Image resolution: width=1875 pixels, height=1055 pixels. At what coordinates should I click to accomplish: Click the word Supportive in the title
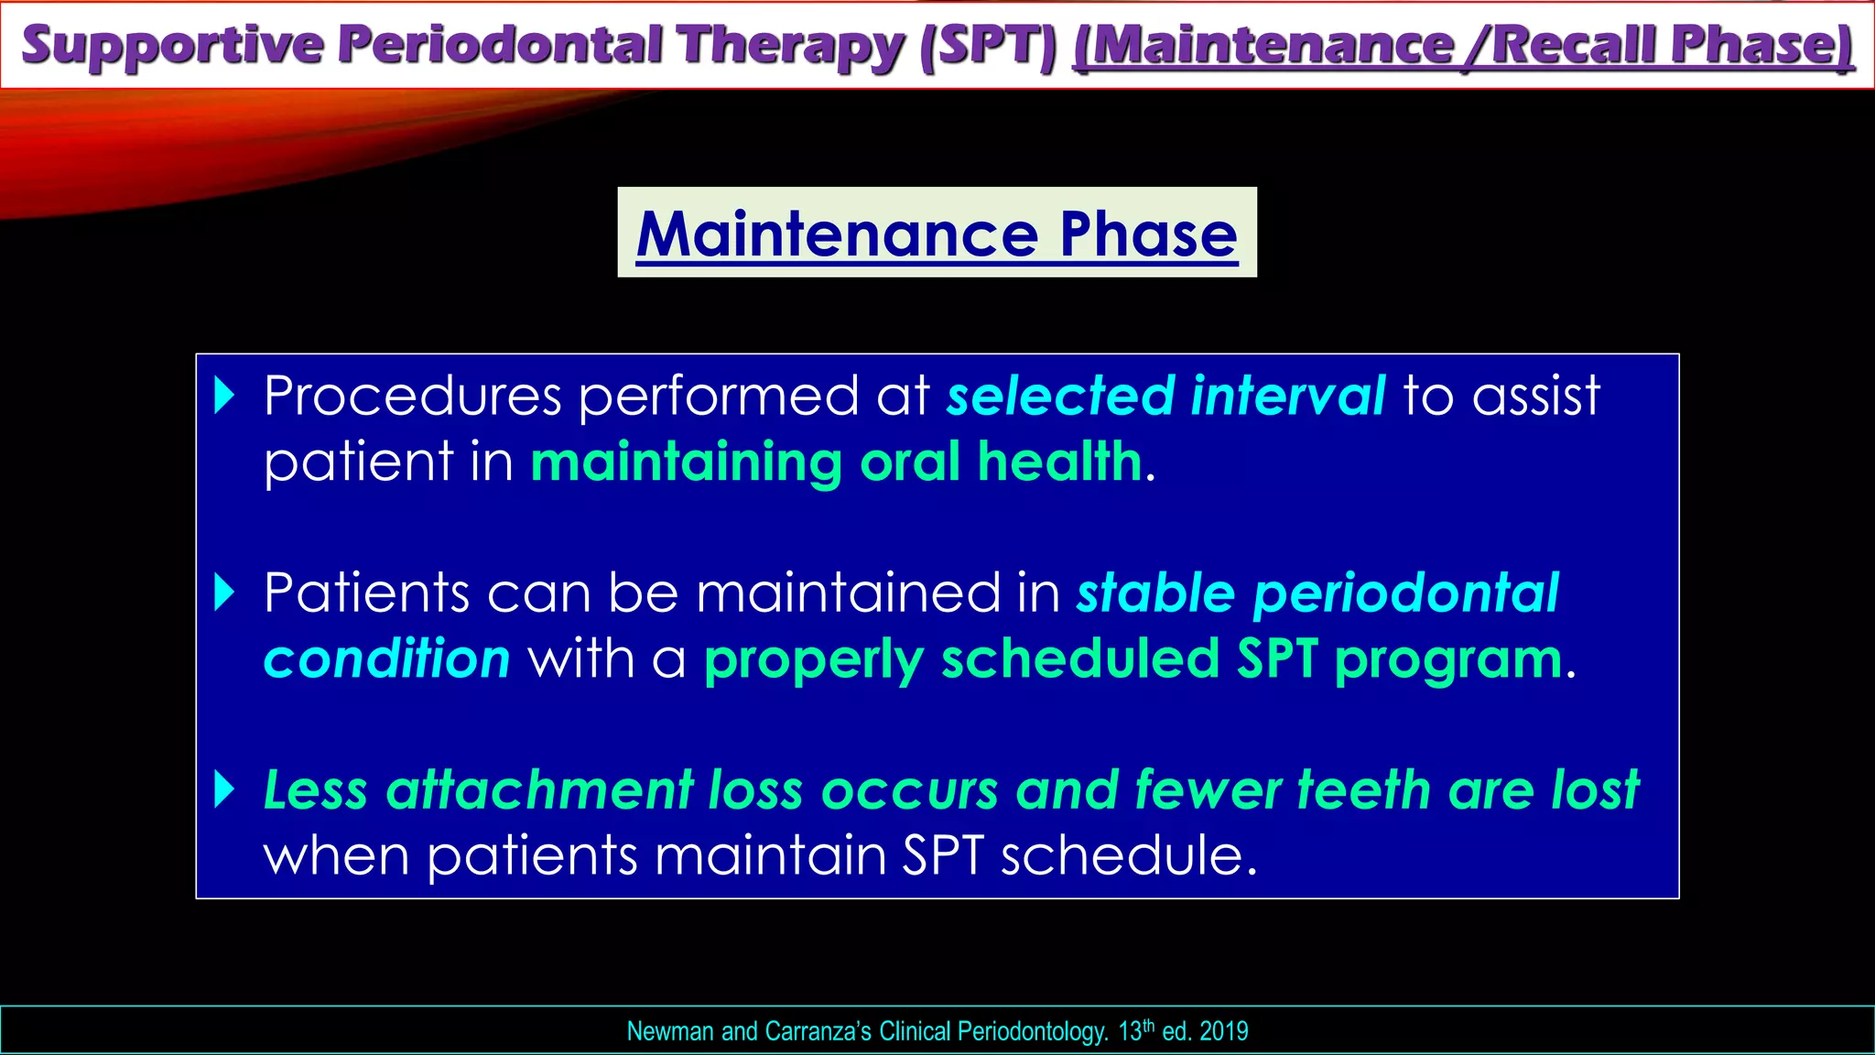tap(171, 46)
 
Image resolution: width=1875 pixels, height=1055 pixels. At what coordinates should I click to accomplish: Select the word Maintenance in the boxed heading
tap(837, 234)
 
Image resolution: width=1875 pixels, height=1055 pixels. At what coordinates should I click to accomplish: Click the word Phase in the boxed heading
tap(1148, 234)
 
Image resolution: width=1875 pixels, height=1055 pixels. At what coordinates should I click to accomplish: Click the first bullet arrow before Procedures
tap(224, 396)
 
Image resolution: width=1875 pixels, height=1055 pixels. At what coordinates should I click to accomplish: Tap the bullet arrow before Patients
tap(224, 593)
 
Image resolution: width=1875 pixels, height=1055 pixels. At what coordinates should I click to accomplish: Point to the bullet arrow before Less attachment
tap(224, 789)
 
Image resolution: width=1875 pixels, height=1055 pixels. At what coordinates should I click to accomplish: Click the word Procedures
tap(412, 396)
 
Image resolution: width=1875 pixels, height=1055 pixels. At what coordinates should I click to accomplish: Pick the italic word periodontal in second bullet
tap(1405, 593)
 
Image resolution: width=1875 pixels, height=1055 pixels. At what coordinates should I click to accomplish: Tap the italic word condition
tap(386, 658)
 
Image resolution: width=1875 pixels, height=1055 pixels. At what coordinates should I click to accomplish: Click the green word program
tap(1448, 660)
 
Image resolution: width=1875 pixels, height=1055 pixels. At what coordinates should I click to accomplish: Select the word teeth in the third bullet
tap(1363, 789)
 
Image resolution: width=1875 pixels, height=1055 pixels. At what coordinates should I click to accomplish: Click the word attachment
tap(540, 789)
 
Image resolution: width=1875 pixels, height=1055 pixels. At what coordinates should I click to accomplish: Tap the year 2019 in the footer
tap(1223, 1031)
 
